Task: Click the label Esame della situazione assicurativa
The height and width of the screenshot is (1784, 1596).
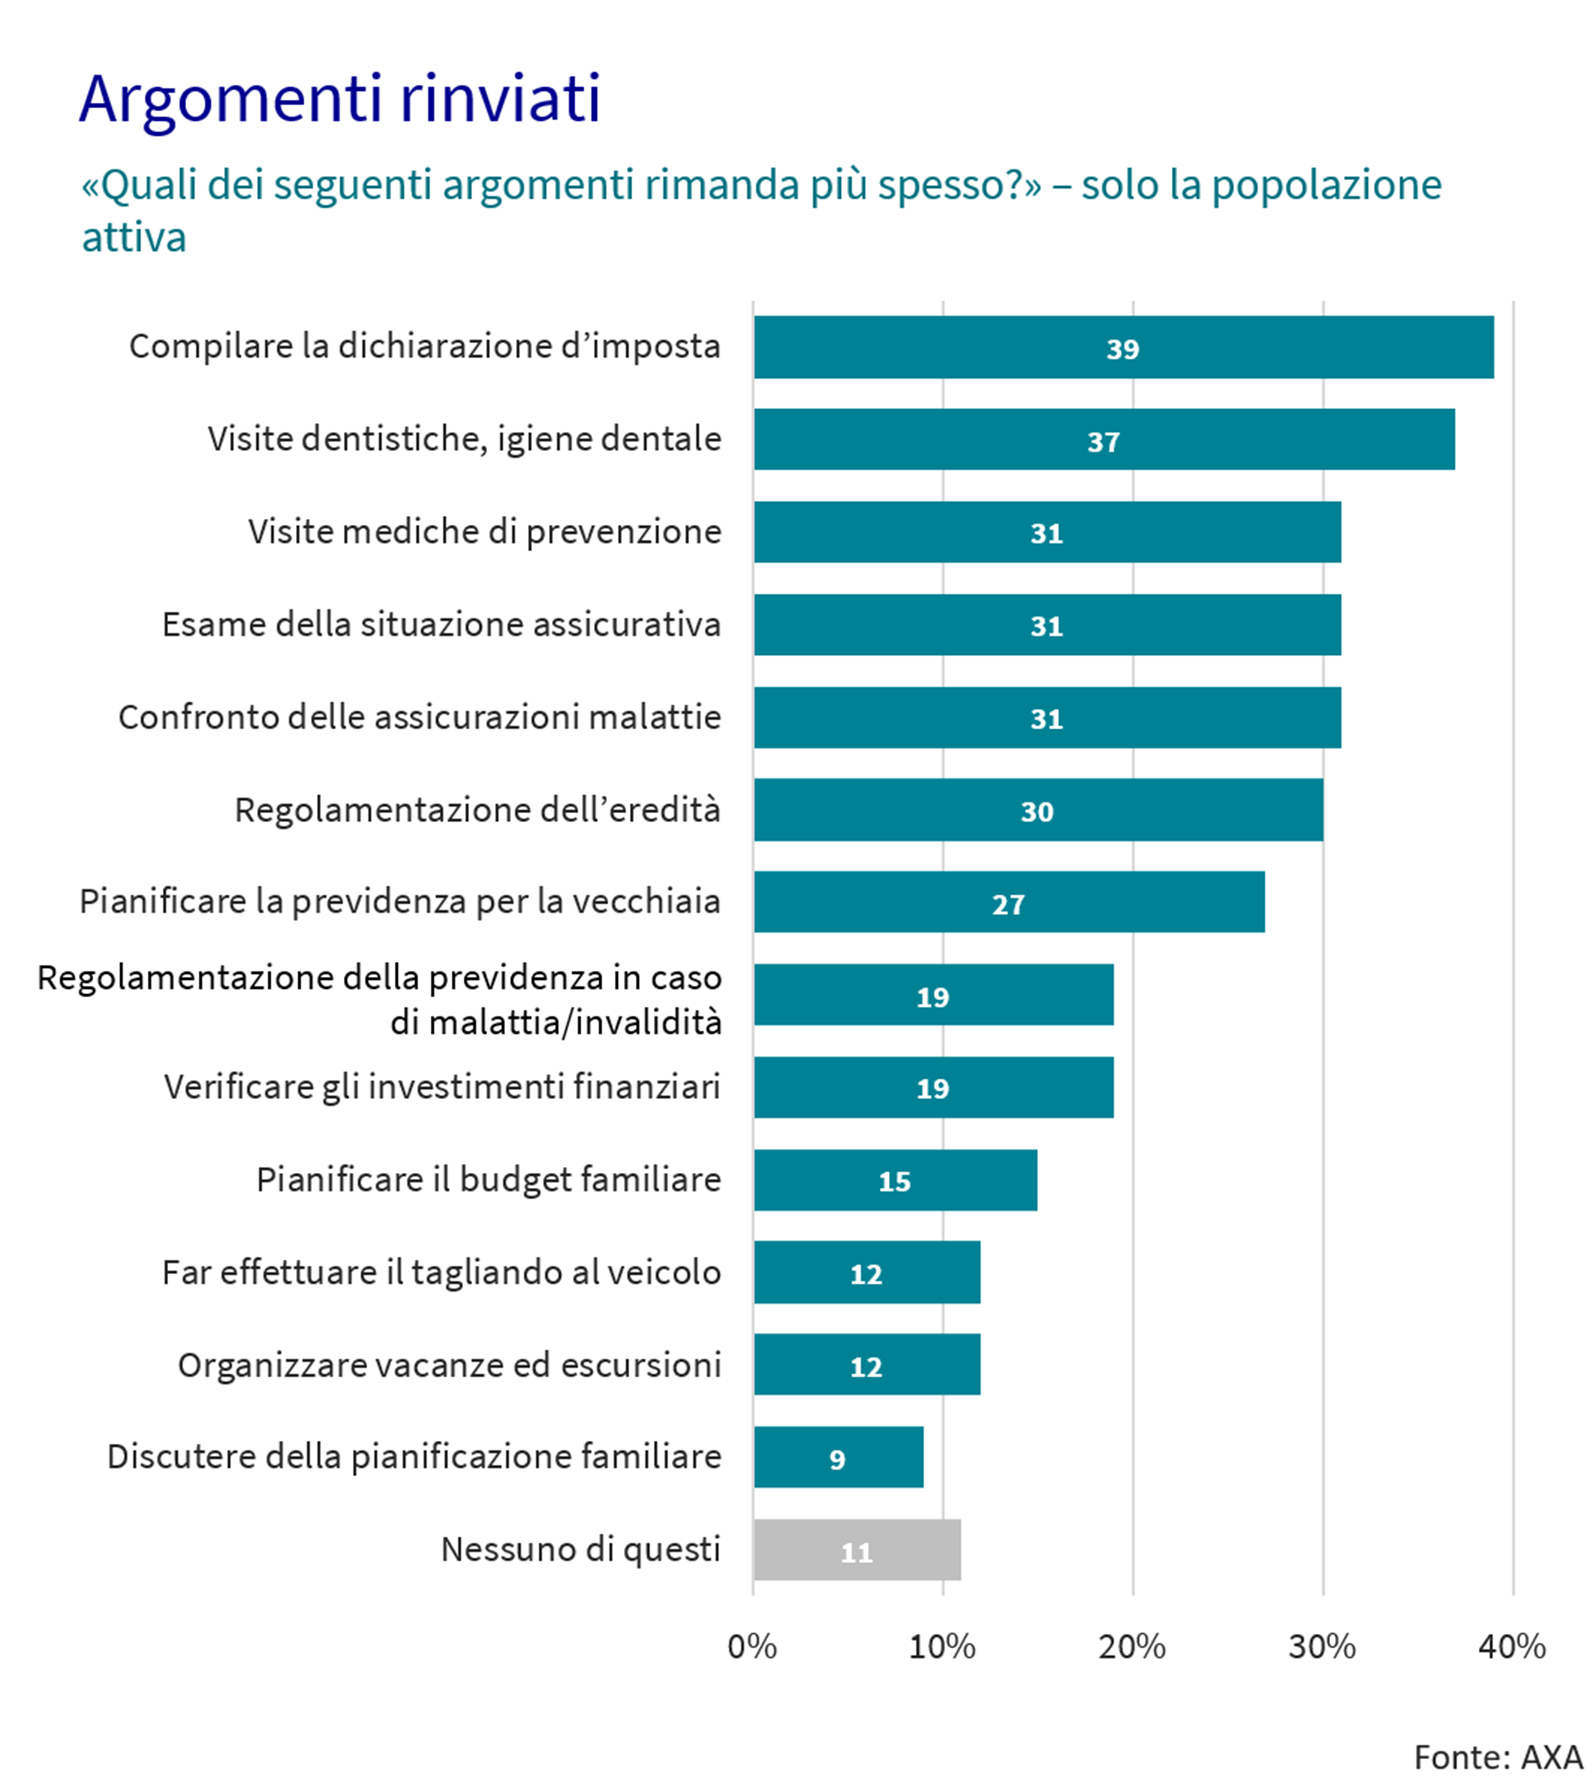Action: tap(441, 624)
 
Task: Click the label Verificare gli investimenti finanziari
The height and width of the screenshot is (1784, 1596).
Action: tap(442, 1087)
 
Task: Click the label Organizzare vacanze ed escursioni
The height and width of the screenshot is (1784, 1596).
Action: tap(449, 1365)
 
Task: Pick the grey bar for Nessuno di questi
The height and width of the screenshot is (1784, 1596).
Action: tap(857, 1550)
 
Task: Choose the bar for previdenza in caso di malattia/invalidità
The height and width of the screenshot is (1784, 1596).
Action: tap(933, 995)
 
